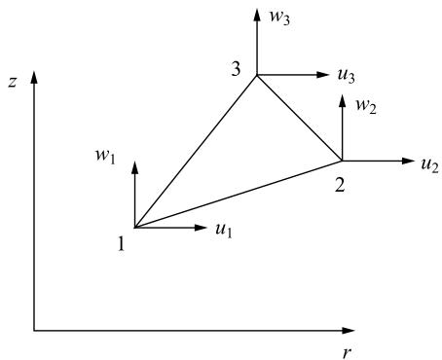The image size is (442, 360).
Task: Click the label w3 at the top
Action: pyautogui.click(x=279, y=18)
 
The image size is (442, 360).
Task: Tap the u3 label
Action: pyautogui.click(x=347, y=77)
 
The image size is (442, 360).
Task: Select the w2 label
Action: pyautogui.click(x=366, y=106)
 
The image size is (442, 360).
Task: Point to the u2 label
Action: pyautogui.click(x=430, y=165)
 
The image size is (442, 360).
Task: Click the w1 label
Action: pyautogui.click(x=105, y=157)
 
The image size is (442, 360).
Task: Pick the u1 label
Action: pyautogui.click(x=224, y=231)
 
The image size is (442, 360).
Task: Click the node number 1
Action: pyautogui.click(x=121, y=243)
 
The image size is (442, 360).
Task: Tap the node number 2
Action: pyautogui.click(x=340, y=186)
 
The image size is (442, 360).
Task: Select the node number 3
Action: pyautogui.click(x=236, y=69)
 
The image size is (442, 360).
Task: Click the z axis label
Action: pyautogui.click(x=12, y=83)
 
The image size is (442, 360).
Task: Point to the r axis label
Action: pyautogui.click(x=348, y=353)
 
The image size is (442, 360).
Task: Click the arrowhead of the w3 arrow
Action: pyautogui.click(x=257, y=15)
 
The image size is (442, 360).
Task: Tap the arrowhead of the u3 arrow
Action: pyautogui.click(x=323, y=75)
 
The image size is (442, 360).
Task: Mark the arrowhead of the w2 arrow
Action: pyautogui.click(x=342, y=100)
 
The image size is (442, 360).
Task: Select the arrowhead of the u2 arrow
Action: pyautogui.click(x=409, y=161)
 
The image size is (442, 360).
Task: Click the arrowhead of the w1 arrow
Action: pyautogui.click(x=134, y=167)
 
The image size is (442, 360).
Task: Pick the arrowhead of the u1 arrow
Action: pyautogui.click(x=201, y=228)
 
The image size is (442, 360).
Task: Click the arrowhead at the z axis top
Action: pyautogui.click(x=34, y=77)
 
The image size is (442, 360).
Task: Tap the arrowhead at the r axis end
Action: pyautogui.click(x=349, y=331)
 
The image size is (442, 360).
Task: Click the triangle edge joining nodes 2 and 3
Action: pyautogui.click(x=299, y=118)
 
